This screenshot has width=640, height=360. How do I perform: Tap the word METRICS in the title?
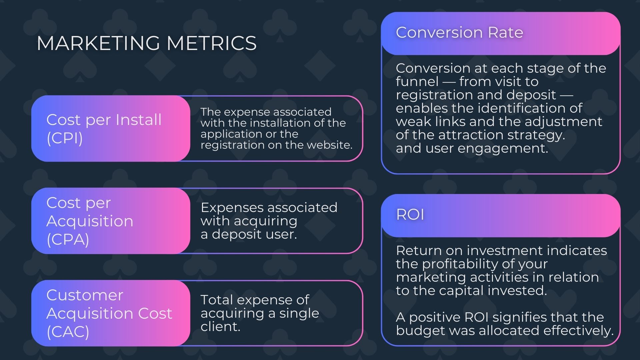(x=212, y=43)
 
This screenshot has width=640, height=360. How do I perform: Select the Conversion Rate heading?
(x=459, y=32)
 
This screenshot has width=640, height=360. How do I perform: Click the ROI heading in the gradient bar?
(x=410, y=214)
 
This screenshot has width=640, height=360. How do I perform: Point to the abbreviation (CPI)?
(x=65, y=138)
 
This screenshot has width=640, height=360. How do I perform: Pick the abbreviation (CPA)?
(x=68, y=239)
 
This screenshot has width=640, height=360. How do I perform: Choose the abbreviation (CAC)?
(x=68, y=331)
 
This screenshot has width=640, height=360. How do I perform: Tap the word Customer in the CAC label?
(x=85, y=295)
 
